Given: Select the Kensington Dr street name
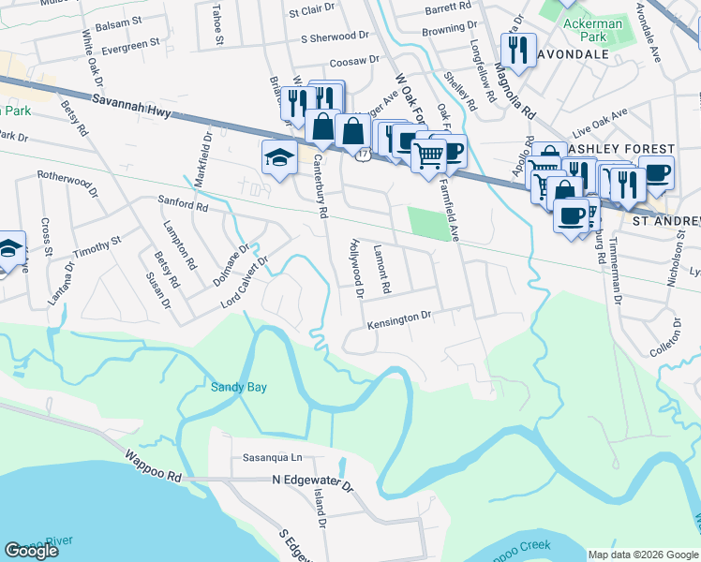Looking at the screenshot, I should click(x=398, y=318).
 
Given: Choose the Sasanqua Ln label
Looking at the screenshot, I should click(x=273, y=458).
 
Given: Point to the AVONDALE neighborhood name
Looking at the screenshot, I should click(x=574, y=53).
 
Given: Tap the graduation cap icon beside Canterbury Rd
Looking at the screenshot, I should click(x=279, y=157).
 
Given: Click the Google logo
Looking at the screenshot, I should click(x=32, y=551).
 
